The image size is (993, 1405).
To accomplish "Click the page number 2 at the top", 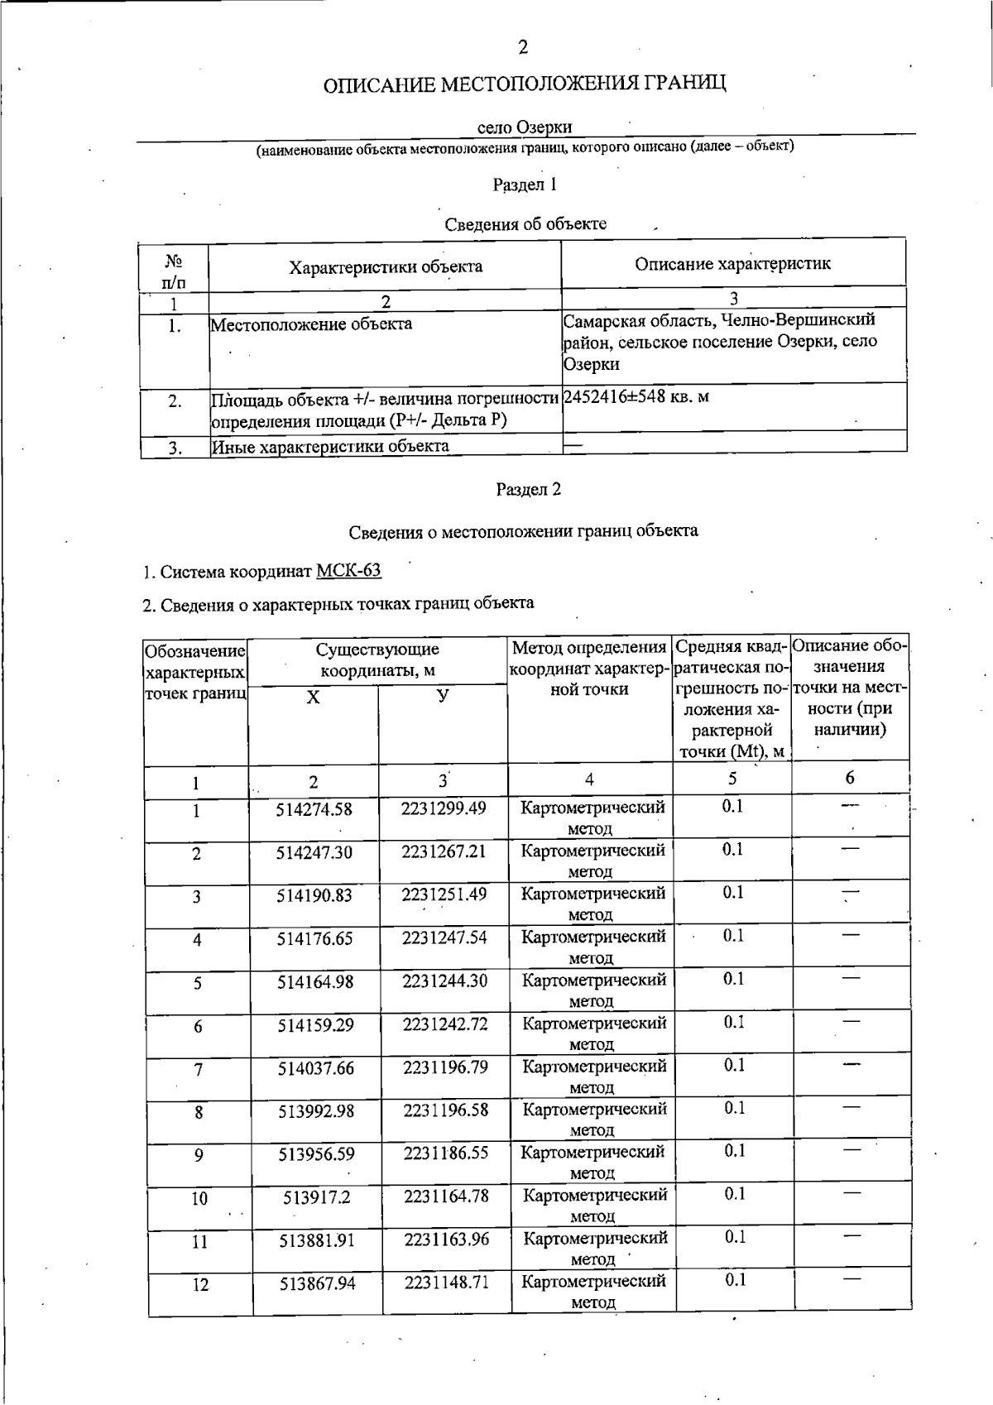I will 522,48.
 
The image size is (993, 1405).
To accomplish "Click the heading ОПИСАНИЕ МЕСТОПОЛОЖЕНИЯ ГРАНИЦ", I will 525,85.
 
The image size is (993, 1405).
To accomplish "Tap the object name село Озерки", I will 525,127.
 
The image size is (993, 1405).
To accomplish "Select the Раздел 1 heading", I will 525,185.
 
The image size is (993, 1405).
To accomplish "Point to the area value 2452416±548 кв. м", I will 636,397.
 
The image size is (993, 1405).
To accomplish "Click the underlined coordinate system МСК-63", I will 348,571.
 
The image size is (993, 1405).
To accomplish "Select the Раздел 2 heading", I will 528,490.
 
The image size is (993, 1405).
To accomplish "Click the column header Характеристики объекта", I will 385,266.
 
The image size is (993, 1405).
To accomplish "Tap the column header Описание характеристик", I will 732,264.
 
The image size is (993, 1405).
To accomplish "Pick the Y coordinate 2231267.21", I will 444,851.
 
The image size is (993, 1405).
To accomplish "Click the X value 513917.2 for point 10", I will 318,1197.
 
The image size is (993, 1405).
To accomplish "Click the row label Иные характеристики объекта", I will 330,447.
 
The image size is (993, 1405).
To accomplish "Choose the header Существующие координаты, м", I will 377,659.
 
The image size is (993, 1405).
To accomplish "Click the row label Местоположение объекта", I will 311,324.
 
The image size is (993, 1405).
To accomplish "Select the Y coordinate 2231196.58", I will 445,1110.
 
